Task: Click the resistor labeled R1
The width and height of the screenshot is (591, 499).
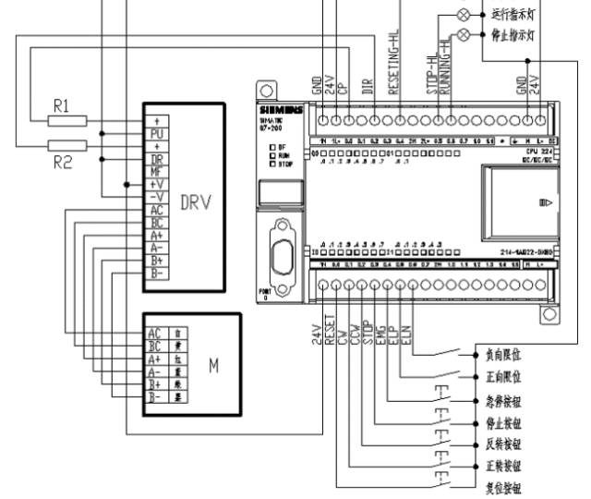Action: point(66,120)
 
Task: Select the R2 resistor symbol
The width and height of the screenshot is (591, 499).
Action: point(66,144)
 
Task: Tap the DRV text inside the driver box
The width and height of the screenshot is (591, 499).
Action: point(195,202)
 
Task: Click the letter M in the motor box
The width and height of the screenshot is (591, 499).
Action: point(213,366)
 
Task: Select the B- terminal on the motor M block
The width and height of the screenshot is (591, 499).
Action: point(154,396)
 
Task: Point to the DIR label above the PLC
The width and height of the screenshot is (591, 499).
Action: point(368,87)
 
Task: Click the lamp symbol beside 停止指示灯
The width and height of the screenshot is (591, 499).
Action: point(464,34)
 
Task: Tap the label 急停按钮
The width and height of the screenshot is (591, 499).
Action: point(503,403)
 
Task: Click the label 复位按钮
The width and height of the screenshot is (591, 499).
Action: point(503,487)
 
